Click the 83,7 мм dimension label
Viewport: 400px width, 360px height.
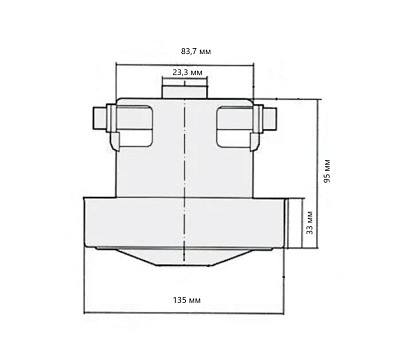196,51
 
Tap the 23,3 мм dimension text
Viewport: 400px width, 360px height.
187,72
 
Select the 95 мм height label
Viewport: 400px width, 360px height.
327,171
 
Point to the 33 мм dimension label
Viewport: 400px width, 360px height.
310,222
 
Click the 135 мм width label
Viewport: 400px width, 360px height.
187,300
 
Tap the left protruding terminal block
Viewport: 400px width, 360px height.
100,119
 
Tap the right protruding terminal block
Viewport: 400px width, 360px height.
268,119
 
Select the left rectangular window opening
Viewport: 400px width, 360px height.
134,126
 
